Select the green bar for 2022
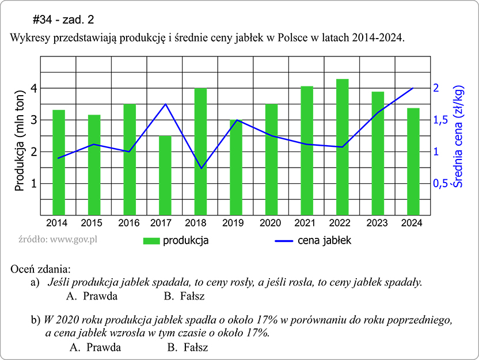tap(343, 146)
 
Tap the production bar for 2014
tap(59, 162)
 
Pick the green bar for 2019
tap(236, 167)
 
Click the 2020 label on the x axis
tap(269, 223)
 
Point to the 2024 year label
tap(412, 223)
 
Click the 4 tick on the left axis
tap(34, 89)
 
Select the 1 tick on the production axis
tap(34, 184)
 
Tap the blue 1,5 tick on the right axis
tap(442, 120)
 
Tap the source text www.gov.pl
tap(57, 238)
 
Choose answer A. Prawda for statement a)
tap(92, 297)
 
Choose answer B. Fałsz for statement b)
tap(188, 348)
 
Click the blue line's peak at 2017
tap(165, 104)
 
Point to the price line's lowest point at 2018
tap(201, 168)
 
